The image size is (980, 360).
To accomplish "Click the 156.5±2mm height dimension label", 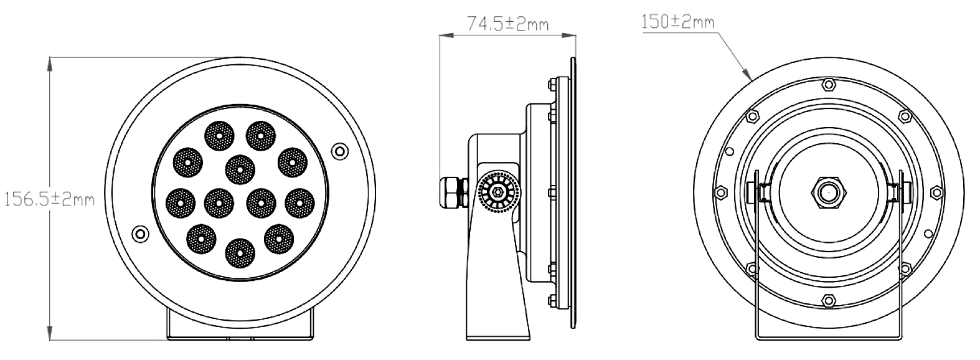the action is click(49, 199).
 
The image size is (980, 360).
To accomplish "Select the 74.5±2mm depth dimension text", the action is click(508, 24).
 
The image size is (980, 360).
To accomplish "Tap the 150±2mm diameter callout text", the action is click(677, 21).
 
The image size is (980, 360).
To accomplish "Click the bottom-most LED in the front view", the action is click(240, 253).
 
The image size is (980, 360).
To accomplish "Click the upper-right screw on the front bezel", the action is click(339, 151).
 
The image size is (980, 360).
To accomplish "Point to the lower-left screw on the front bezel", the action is click(141, 233).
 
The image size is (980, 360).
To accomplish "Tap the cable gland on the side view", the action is click(454, 192).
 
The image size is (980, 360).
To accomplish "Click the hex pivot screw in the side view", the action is click(498, 192).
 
